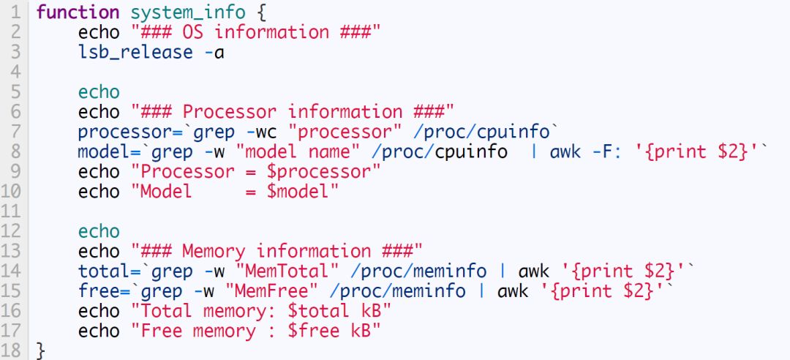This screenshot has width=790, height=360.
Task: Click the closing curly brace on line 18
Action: [x=41, y=350]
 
